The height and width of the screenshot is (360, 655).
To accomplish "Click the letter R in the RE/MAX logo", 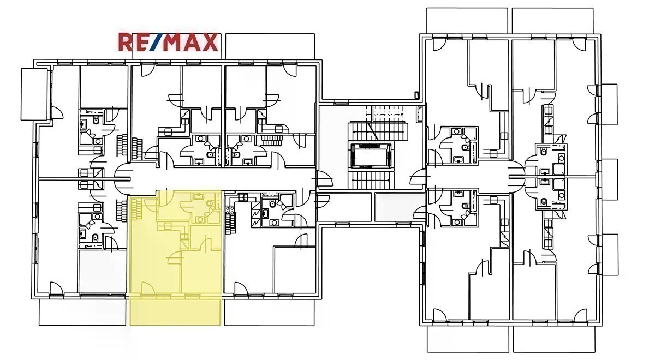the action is point(126,43).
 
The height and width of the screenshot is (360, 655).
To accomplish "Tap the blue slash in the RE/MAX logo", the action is point(156,43).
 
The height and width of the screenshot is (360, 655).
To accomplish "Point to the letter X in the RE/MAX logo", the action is point(210,43).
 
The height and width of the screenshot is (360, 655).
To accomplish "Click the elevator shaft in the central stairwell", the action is point(371,155).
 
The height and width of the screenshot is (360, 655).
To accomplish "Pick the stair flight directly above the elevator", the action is point(378,131).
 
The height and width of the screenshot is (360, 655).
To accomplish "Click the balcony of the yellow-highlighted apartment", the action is point(175,312).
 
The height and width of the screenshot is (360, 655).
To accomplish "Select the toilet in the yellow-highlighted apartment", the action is point(210,203).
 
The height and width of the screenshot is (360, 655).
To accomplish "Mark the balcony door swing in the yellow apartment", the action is point(148,288).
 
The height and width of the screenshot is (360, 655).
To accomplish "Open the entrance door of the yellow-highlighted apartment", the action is point(163,199).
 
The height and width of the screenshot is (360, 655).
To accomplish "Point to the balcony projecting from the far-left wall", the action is point(34,94).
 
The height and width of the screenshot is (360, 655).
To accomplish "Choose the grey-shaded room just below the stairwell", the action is point(400,207).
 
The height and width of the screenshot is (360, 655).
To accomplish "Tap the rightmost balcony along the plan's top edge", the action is point(553,21).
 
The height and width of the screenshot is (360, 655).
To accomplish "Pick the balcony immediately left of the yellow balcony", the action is point(82,312).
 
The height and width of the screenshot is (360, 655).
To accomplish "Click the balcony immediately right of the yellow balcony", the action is point(270,312).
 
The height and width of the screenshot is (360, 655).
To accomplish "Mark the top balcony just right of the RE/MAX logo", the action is point(270,47).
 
